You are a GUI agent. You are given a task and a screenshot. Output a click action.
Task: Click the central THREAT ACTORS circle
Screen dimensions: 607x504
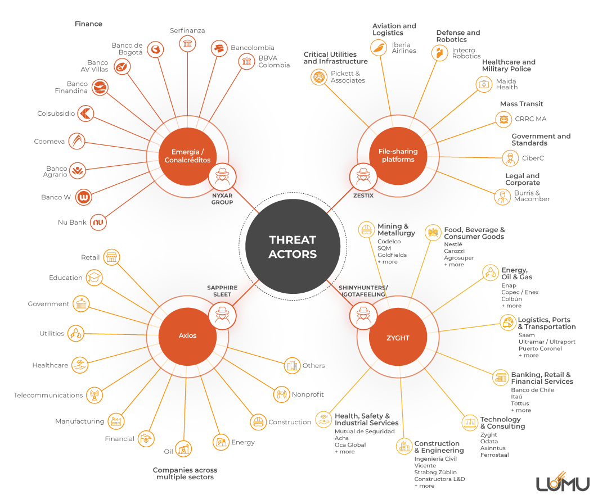coord(293,247)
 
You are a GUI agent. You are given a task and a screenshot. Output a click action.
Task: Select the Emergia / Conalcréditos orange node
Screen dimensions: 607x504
coord(187,156)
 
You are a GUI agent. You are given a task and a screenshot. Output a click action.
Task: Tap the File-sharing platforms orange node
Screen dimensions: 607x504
coord(398,156)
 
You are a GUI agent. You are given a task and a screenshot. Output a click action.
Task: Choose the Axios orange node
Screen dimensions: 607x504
coord(187,336)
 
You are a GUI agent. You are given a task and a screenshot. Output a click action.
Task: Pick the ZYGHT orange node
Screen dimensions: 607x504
coord(398,337)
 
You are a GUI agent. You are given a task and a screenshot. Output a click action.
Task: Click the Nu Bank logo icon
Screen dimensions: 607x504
coord(98,223)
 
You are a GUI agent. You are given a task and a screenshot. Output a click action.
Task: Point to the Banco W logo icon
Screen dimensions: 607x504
coord(84,197)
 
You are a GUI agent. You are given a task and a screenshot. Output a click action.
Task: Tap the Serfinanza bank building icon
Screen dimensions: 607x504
coord(187,43)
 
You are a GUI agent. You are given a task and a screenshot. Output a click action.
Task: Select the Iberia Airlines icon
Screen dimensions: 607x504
coord(379,48)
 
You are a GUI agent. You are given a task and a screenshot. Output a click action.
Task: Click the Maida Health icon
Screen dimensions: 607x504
coord(484,84)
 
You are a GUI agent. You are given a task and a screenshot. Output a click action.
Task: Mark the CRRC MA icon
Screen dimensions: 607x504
coord(503,120)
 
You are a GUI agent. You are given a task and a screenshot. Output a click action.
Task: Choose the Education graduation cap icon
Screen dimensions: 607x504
coord(94,278)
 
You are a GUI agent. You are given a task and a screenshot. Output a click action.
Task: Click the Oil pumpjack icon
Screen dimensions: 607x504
coord(183,449)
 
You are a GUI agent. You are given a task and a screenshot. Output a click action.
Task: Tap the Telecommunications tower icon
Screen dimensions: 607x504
coord(94,395)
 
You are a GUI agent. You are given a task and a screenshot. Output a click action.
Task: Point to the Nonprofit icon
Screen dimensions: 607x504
coord(281,394)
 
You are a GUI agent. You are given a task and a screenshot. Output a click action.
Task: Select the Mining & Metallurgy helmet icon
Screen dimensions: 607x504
coord(366,230)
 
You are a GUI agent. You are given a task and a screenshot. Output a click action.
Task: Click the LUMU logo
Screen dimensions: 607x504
coord(563,482)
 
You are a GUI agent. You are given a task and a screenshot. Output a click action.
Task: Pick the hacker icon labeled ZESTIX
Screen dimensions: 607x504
coord(363,176)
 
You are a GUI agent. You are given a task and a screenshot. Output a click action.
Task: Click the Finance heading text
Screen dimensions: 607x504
coord(88,24)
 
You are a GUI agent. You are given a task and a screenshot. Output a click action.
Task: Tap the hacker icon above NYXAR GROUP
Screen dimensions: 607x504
coord(222,176)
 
